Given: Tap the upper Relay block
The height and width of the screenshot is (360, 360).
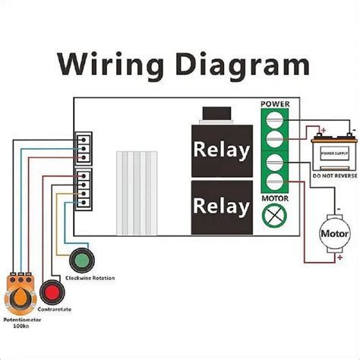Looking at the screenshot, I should (221, 150).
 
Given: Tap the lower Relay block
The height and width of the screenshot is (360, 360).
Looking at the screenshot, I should (221, 205).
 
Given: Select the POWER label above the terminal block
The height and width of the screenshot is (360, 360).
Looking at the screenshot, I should (274, 103).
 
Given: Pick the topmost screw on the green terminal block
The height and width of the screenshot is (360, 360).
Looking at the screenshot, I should (274, 118).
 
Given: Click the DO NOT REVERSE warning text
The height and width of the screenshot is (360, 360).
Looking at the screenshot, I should (335, 175).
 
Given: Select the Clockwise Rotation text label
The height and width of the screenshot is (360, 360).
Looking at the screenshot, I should (90, 279).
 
